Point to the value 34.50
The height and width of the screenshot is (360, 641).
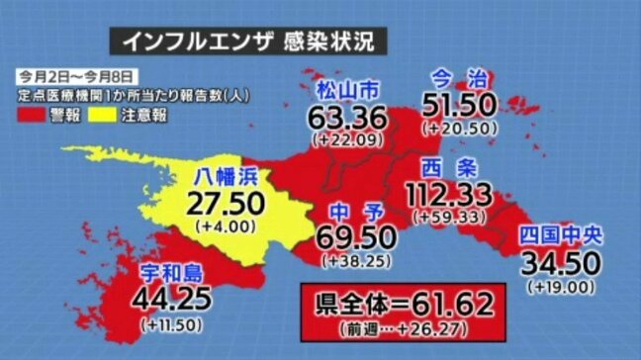561,263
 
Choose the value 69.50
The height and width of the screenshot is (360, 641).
356,238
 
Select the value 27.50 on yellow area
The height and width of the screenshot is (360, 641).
228,204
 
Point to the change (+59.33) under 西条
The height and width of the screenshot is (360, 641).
450,215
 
